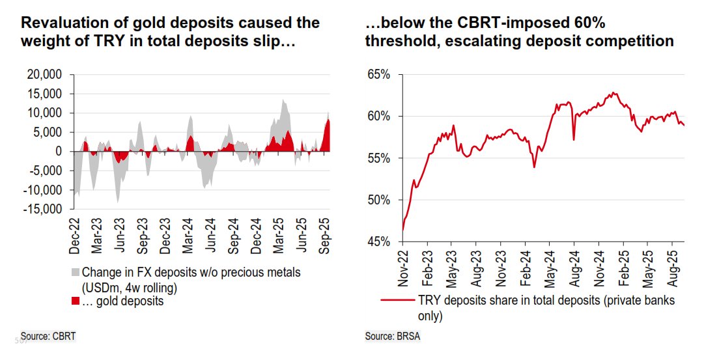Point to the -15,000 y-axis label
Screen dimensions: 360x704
coord(43,209)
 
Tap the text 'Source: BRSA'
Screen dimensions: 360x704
coord(393,336)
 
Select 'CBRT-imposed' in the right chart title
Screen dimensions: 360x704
coord(488,23)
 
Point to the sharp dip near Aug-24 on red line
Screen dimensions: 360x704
coord(573,139)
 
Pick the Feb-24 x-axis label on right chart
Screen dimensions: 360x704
coord(526,268)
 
